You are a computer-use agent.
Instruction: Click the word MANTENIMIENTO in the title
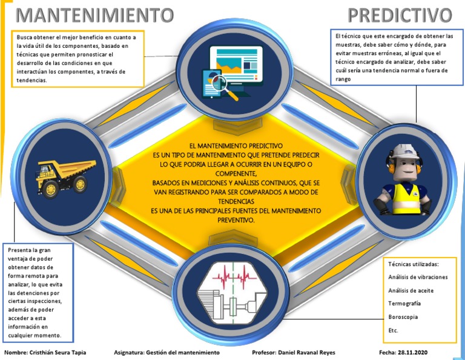click(94, 15)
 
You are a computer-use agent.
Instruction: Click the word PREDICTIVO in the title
click(400, 15)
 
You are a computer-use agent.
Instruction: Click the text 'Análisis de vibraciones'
click(418, 277)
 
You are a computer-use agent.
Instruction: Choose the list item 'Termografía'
click(404, 303)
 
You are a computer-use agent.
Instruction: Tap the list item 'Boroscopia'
click(403, 316)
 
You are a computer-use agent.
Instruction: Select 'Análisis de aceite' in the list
click(411, 290)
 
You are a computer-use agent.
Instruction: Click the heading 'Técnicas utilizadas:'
click(413, 264)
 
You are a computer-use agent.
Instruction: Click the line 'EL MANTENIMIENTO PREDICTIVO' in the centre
click(236, 146)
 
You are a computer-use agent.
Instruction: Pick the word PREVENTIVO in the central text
click(236, 220)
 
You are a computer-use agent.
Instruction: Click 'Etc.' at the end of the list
click(394, 330)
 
